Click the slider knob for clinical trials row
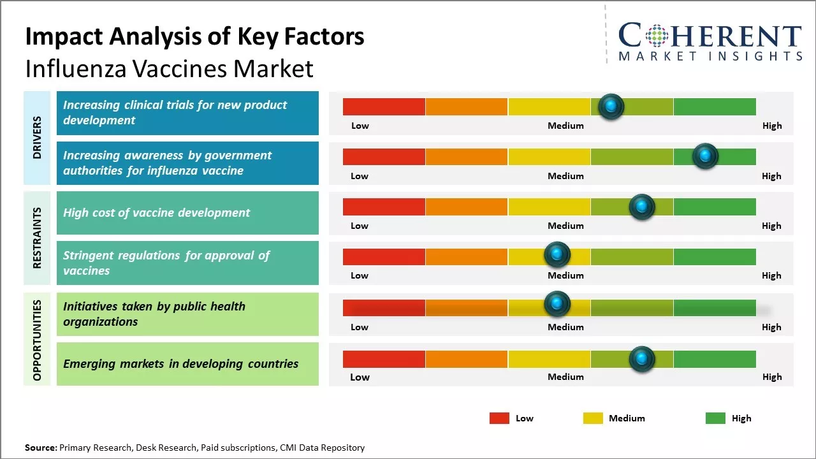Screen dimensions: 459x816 pyautogui.click(x=611, y=106)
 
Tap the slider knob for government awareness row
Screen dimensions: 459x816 pyautogui.click(x=705, y=156)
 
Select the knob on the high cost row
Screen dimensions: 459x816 pyautogui.click(x=642, y=207)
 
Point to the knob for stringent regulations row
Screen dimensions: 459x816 pyautogui.click(x=557, y=255)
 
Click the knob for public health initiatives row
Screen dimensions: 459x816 pyautogui.click(x=557, y=303)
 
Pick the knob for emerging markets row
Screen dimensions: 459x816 pyautogui.click(x=642, y=359)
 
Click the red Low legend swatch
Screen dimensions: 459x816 pyautogui.click(x=499, y=418)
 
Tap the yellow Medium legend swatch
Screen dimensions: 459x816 pyautogui.click(x=593, y=418)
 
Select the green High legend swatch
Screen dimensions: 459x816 pyautogui.click(x=715, y=418)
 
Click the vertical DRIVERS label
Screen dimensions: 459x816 pyautogui.click(x=37, y=137)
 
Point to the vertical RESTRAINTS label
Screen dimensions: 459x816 pyautogui.click(x=37, y=238)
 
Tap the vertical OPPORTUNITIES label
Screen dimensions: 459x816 pyautogui.click(x=37, y=340)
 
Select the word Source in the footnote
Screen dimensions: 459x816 pyautogui.click(x=40, y=448)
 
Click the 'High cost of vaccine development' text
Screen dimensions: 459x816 pyautogui.click(x=156, y=213)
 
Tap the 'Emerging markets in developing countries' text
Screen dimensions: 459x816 pyautogui.click(x=180, y=364)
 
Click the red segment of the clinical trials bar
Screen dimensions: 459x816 pyautogui.click(x=384, y=106)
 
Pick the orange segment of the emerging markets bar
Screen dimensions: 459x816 pyautogui.click(x=466, y=359)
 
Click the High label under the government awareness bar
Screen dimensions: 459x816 pyautogui.click(x=771, y=176)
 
